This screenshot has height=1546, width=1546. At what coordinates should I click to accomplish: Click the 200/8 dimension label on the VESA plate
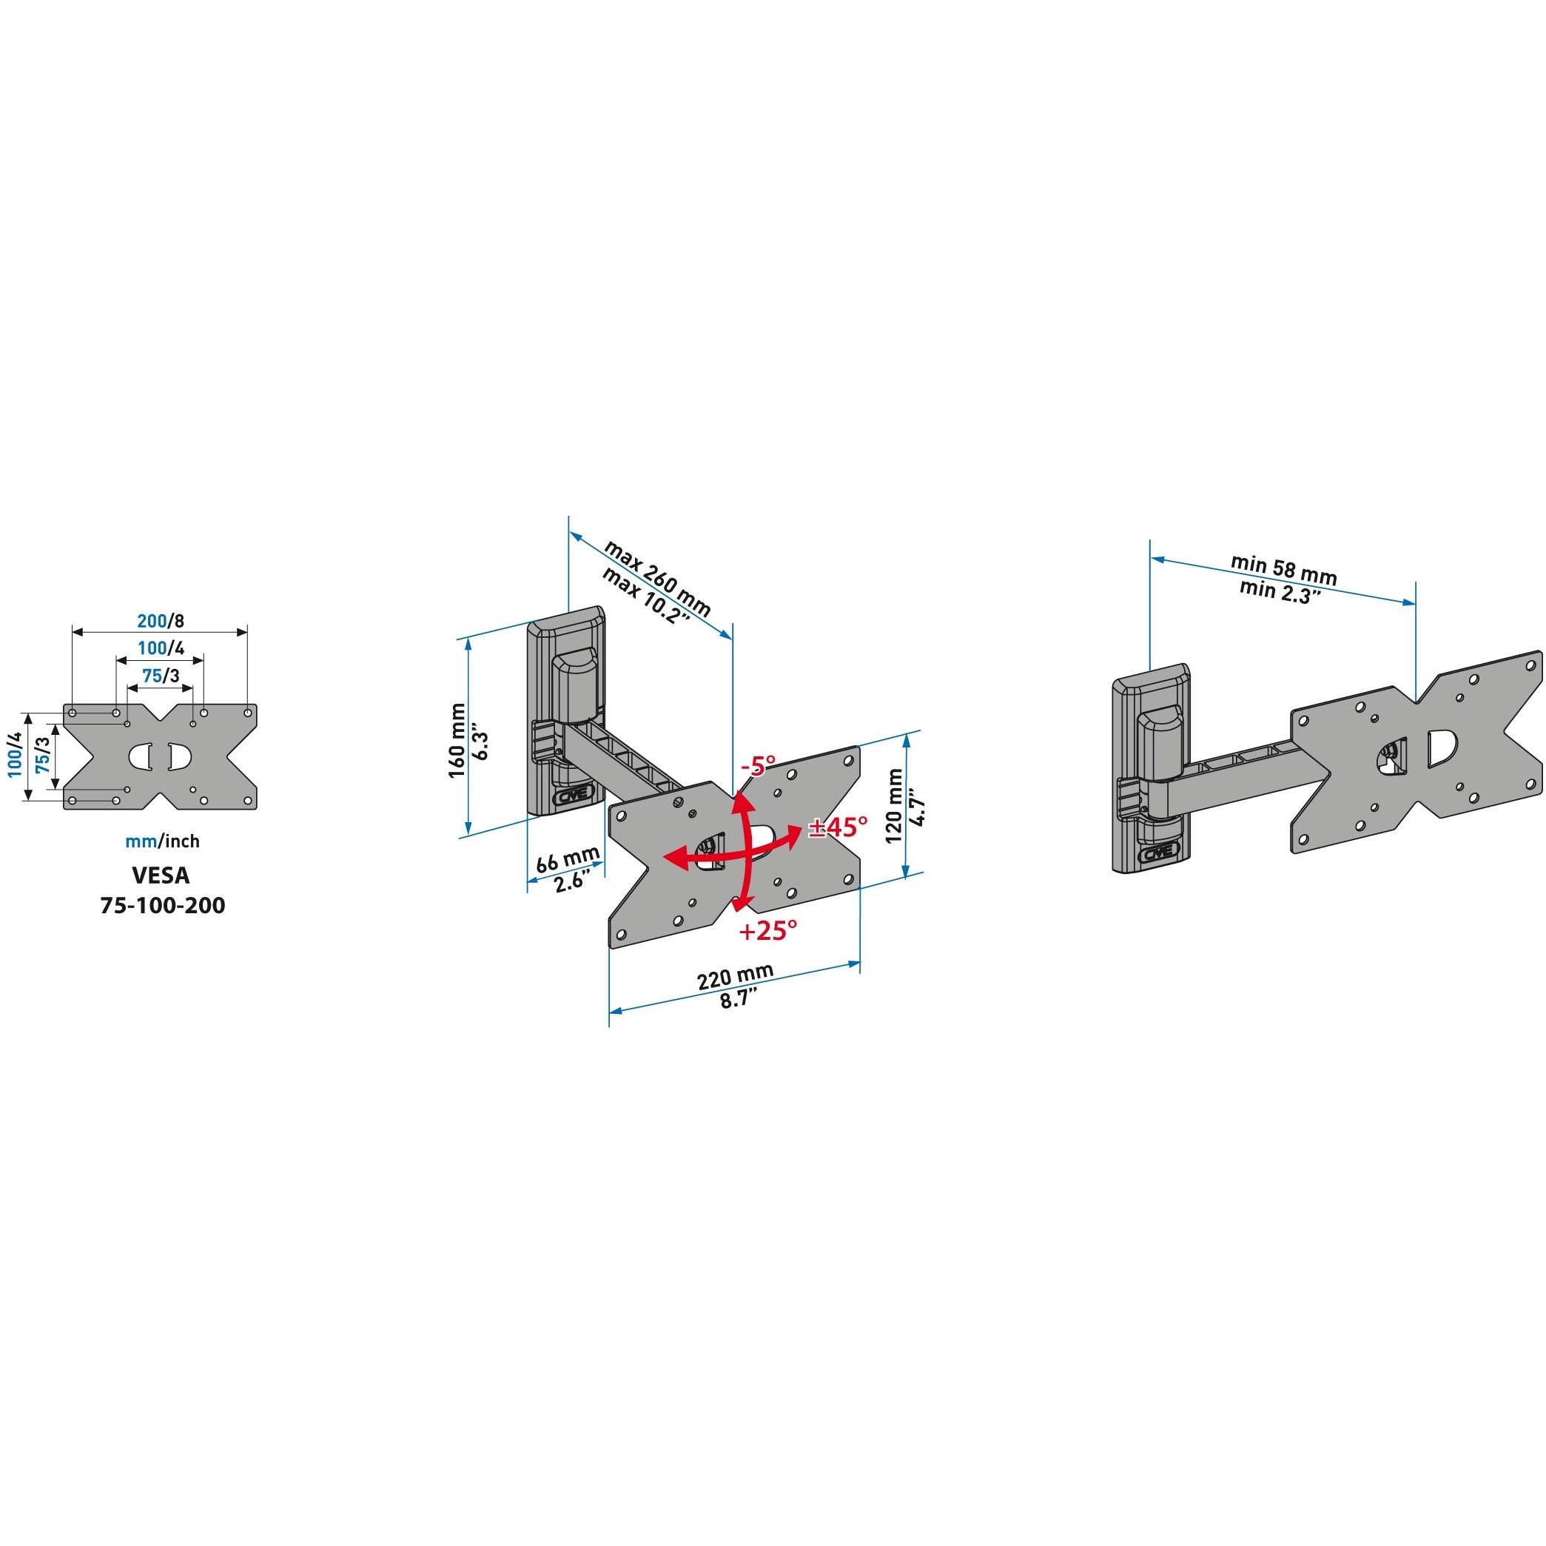(x=161, y=621)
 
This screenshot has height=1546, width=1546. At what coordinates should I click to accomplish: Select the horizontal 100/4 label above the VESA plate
(x=161, y=648)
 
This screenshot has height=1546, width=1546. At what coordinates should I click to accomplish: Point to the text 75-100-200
(x=162, y=905)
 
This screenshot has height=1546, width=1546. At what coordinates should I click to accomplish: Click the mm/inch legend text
(x=162, y=841)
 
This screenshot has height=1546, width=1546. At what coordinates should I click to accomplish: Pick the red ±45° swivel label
(x=838, y=827)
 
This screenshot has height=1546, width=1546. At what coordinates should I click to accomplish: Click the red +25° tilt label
(x=768, y=930)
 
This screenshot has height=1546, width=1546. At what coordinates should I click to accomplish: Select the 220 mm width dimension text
(x=735, y=978)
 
